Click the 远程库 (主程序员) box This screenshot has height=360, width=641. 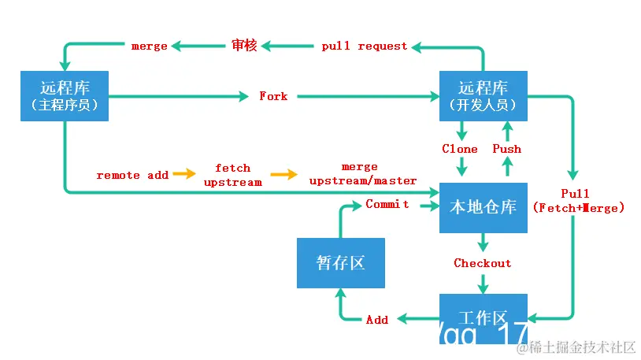[64, 95]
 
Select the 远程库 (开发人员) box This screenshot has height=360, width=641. [483, 95]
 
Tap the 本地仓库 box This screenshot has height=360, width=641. [483, 207]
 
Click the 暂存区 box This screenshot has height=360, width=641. [341, 263]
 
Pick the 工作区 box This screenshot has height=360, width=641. [483, 317]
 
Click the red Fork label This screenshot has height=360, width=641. [273, 96]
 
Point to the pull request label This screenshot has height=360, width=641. [365, 46]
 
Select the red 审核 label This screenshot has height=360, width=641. [244, 45]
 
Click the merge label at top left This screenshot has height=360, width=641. [149, 46]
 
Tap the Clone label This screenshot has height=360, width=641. [460, 148]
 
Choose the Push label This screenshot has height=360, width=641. [506, 148]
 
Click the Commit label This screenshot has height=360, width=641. [387, 204]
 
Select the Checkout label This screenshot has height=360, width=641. [482, 263]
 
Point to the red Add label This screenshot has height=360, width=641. [377, 319]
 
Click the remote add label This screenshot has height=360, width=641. [132, 175]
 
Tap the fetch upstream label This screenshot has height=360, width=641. [232, 175]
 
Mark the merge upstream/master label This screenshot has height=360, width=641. [362, 174]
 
